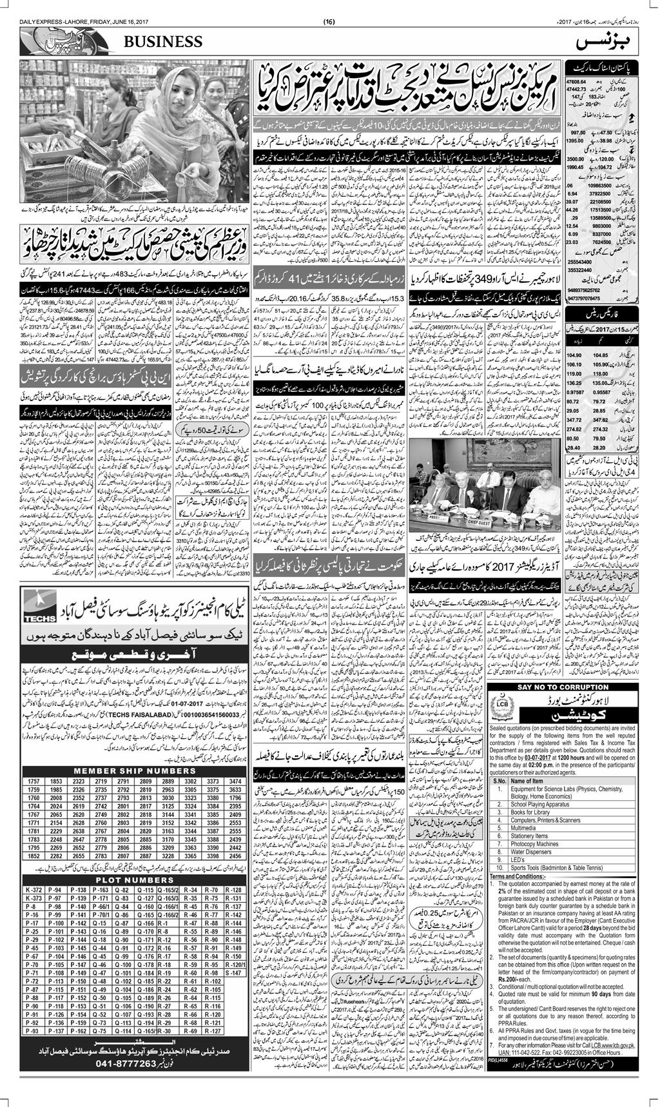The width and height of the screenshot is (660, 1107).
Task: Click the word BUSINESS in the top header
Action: [x=168, y=42]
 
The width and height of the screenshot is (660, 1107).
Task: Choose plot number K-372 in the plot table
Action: [x=34, y=890]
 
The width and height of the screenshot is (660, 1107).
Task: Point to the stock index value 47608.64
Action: [x=575, y=82]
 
